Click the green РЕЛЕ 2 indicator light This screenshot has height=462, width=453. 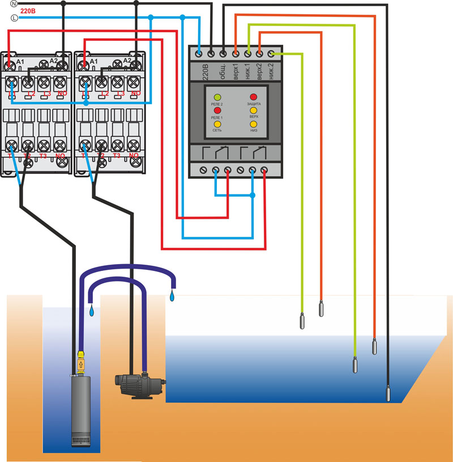(217, 98)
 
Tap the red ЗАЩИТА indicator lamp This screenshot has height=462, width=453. (253, 98)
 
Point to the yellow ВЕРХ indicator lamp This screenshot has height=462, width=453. (253, 111)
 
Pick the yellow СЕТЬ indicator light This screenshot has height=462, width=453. (217, 124)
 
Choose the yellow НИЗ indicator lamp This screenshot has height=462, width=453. (253, 124)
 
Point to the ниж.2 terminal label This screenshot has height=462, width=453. (271, 71)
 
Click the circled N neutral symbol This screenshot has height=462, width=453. (14, 3)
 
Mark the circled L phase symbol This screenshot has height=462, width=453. (14, 18)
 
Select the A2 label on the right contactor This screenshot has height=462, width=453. (127, 61)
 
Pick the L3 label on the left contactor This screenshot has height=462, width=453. (46, 94)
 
